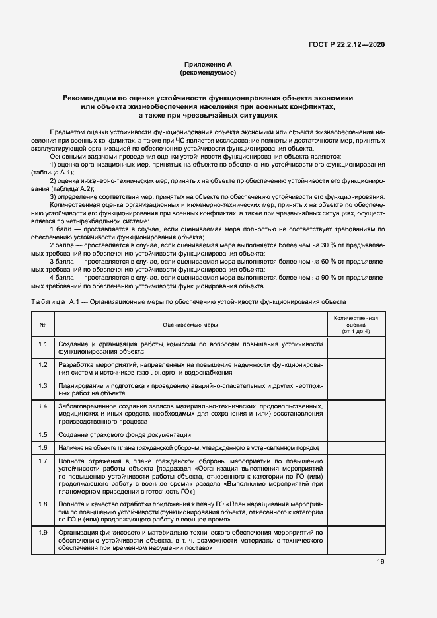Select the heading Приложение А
pos(208,65)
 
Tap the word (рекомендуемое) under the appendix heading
pos(208,73)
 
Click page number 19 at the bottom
pos(380,562)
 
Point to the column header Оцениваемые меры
pos(190,325)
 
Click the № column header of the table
pos(42,325)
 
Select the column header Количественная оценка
pos(356,325)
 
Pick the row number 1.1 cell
pos(42,344)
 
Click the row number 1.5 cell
pos(42,434)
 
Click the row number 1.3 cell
pos(42,385)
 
